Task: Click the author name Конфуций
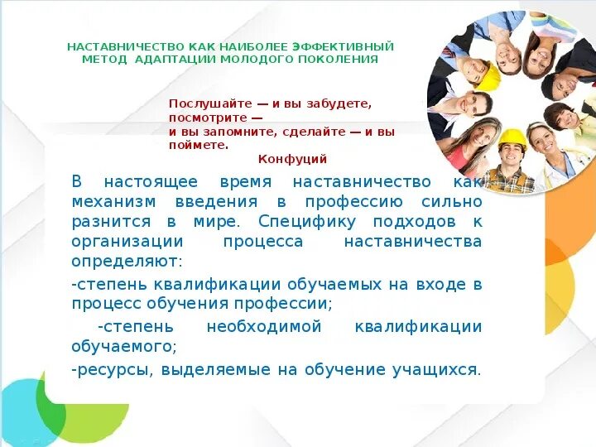coord(292,158)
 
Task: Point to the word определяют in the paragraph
coord(124,261)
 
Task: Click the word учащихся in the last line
coord(436,369)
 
